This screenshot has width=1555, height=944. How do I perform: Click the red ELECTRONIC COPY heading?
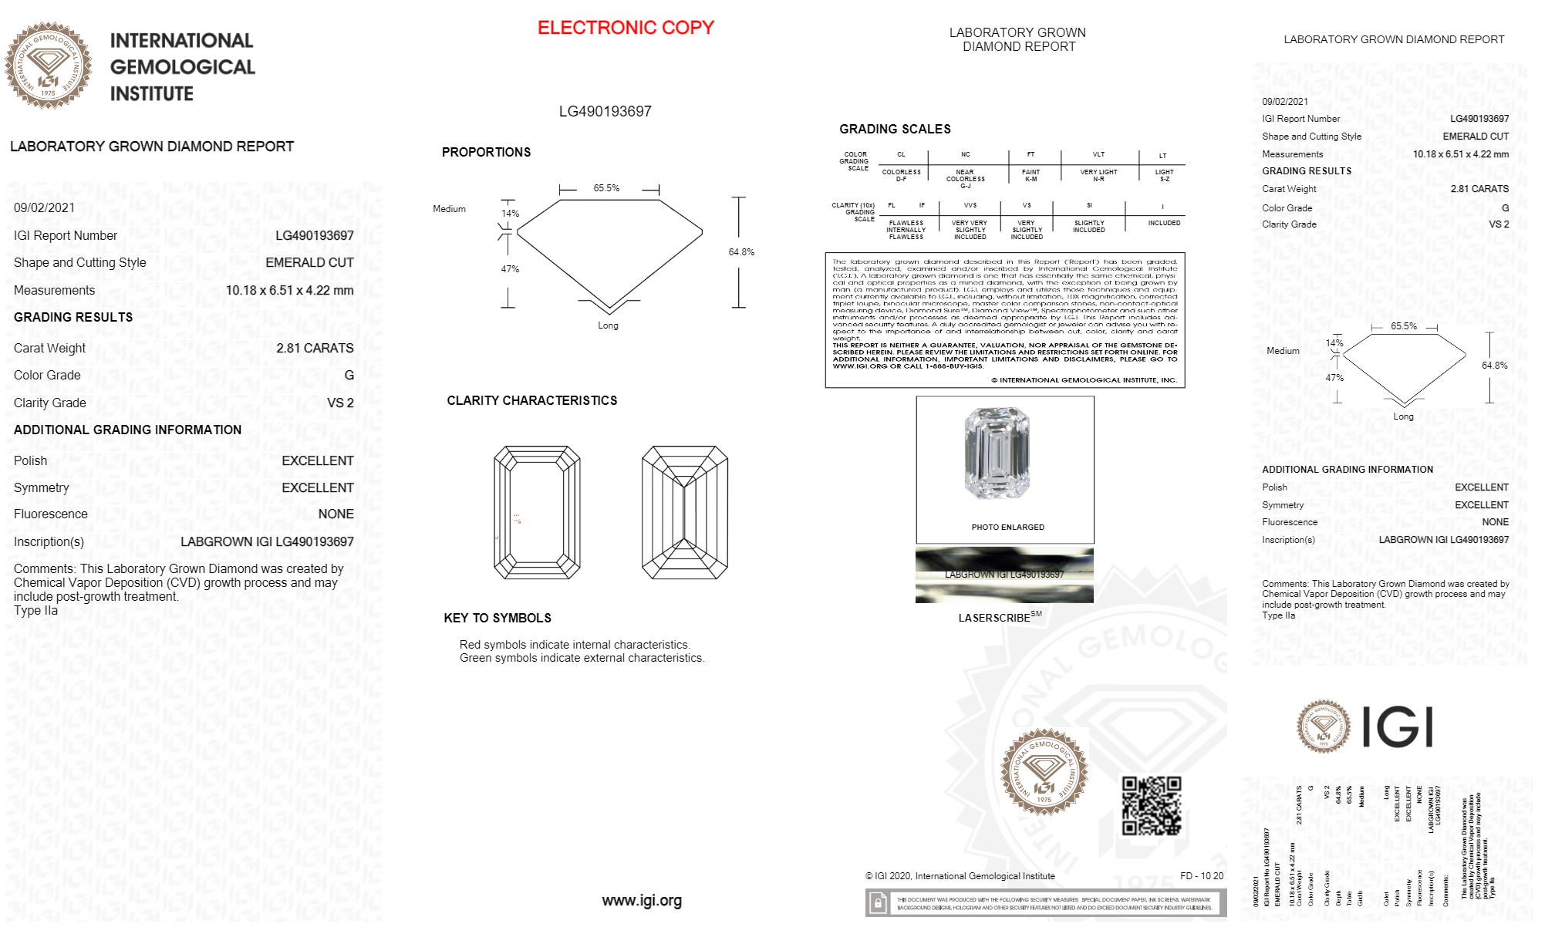[626, 28]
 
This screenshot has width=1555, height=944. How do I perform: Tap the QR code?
[1151, 806]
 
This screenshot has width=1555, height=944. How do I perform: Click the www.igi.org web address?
[642, 900]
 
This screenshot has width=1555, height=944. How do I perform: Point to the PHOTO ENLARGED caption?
[1007, 528]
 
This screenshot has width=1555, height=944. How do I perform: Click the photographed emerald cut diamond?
[997, 453]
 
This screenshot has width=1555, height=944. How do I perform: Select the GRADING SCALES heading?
[895, 129]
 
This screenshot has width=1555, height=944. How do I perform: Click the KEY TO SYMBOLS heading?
[498, 618]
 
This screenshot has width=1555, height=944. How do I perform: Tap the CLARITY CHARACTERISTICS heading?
[532, 400]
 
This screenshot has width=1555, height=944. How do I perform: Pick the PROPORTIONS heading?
[486, 152]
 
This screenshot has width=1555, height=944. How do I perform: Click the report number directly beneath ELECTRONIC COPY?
[605, 111]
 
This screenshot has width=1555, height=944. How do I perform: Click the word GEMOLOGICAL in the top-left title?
[183, 67]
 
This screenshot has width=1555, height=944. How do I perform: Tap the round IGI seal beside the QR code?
[1044, 772]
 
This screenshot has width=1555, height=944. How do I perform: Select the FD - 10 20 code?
[1201, 876]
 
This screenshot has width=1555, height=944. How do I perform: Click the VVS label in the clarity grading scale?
[970, 205]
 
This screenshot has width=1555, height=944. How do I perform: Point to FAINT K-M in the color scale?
[1030, 175]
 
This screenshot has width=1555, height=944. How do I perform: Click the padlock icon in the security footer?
[878, 902]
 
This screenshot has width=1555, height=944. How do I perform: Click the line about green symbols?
[582, 658]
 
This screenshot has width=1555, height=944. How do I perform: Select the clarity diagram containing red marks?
[537, 512]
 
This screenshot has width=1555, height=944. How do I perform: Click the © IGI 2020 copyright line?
[960, 876]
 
